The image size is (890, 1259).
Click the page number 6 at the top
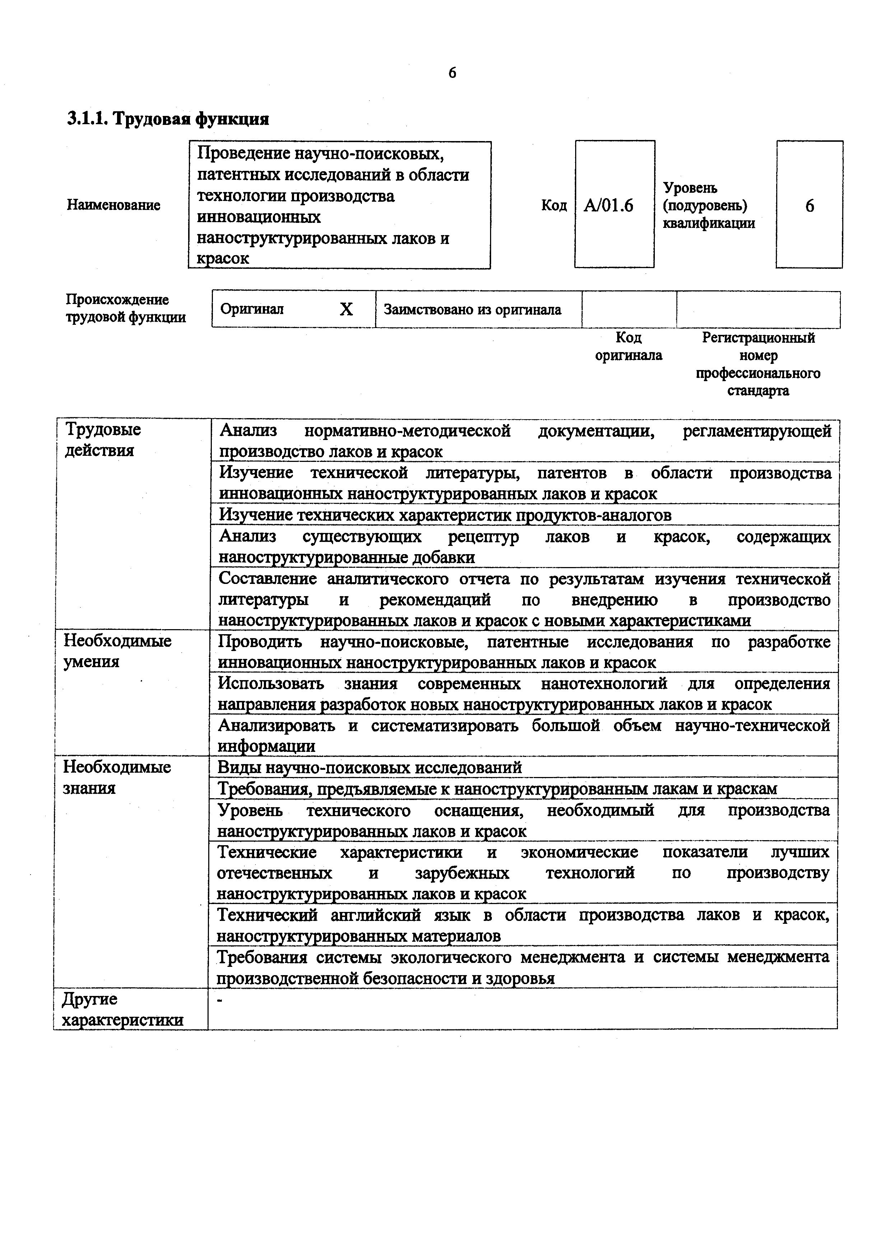click(x=452, y=73)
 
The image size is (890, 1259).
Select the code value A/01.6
click(x=608, y=206)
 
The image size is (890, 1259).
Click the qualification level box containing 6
click(x=809, y=206)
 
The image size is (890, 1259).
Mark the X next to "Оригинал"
click(x=346, y=310)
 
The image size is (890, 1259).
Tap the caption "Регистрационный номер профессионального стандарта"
click(x=758, y=364)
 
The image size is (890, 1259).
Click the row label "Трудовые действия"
click(x=103, y=440)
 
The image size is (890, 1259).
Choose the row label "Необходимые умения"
click(x=117, y=651)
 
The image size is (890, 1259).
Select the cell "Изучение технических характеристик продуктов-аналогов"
click(x=445, y=515)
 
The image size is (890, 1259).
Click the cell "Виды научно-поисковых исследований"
click(x=370, y=767)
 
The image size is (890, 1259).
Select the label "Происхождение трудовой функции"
click(x=126, y=308)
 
